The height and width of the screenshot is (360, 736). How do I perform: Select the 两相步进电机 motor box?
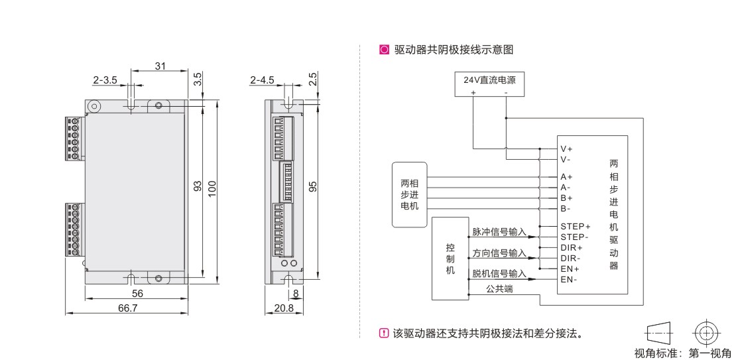coord(410,194)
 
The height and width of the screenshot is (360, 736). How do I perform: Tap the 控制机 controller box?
coord(450,258)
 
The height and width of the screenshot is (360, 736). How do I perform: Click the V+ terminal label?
coord(566,149)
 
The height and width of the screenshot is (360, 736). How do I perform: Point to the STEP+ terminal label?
coord(575,226)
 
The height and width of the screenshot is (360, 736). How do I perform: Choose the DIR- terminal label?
coord(570,258)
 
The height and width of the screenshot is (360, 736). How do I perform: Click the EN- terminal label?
coord(568,279)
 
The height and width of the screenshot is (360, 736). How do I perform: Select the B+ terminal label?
coord(566,198)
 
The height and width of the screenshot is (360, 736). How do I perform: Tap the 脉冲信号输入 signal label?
coord(499,232)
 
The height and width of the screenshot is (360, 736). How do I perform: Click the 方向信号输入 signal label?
coord(499,253)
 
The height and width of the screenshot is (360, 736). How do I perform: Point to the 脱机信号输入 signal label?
coord(499,273)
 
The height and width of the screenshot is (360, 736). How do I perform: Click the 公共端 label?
coord(499,289)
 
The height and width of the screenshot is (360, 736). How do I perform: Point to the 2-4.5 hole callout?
coord(262,80)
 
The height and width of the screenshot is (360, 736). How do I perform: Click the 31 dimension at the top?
coord(160,66)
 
